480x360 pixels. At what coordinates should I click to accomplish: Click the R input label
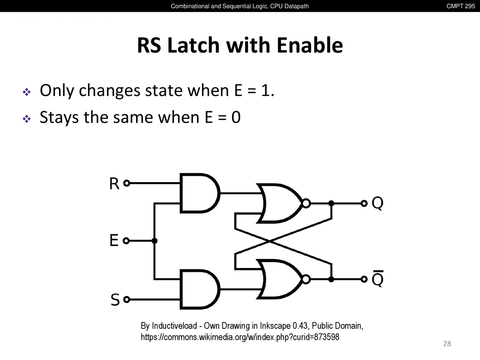click(114, 184)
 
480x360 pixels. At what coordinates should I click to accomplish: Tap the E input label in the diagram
click(114, 240)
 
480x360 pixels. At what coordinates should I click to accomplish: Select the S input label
click(115, 300)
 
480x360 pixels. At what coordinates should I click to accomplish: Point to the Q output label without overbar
click(377, 204)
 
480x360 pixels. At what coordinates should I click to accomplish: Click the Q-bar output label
click(377, 279)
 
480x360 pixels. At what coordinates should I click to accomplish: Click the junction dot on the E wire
click(154, 241)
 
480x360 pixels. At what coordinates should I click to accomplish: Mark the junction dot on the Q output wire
click(331, 203)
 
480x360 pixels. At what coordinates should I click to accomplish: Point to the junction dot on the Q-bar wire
click(331, 279)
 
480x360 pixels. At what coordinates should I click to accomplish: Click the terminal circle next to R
click(127, 183)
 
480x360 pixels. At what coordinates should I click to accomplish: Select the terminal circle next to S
click(127, 299)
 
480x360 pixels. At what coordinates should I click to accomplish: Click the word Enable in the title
click(309, 45)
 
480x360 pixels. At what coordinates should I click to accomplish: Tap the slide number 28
click(447, 343)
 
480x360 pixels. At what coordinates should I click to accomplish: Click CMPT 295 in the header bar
click(460, 6)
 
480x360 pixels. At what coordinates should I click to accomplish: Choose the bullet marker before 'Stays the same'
click(27, 119)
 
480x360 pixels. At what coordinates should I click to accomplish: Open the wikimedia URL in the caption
click(240, 337)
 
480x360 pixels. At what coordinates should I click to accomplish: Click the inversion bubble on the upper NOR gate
click(306, 203)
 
